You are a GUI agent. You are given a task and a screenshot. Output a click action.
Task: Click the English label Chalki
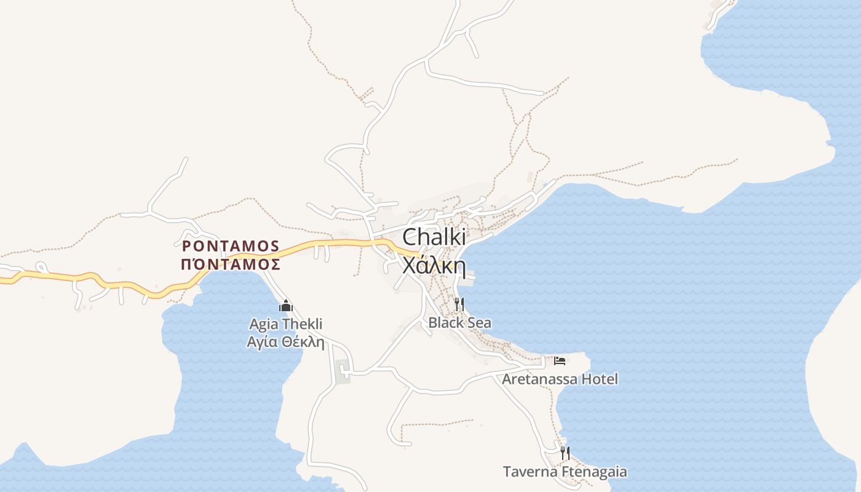[x=434, y=237]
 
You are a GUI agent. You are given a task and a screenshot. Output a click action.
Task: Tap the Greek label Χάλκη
[x=432, y=265]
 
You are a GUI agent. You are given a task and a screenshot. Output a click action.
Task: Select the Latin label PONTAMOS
[x=231, y=246]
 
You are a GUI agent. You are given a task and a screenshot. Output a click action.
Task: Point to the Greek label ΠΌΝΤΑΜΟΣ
[x=231, y=264]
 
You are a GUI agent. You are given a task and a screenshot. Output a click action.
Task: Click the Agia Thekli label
[x=285, y=324]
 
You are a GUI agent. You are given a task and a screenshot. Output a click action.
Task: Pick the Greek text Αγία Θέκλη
[x=285, y=342]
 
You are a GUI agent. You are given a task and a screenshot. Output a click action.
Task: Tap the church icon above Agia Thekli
[x=285, y=306]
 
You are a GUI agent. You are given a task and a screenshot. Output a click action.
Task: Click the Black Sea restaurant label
[x=459, y=322]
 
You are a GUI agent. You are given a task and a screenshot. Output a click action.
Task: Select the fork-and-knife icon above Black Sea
[x=459, y=304]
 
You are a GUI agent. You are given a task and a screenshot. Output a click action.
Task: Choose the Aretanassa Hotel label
[x=560, y=379]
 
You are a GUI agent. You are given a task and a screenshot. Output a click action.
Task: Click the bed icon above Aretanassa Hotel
[x=560, y=361]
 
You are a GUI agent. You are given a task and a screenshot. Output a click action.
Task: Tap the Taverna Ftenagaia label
[x=565, y=472]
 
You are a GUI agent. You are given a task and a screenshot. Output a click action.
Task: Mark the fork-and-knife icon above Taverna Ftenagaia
[x=565, y=454]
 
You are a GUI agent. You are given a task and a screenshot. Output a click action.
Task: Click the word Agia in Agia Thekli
[x=263, y=324]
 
